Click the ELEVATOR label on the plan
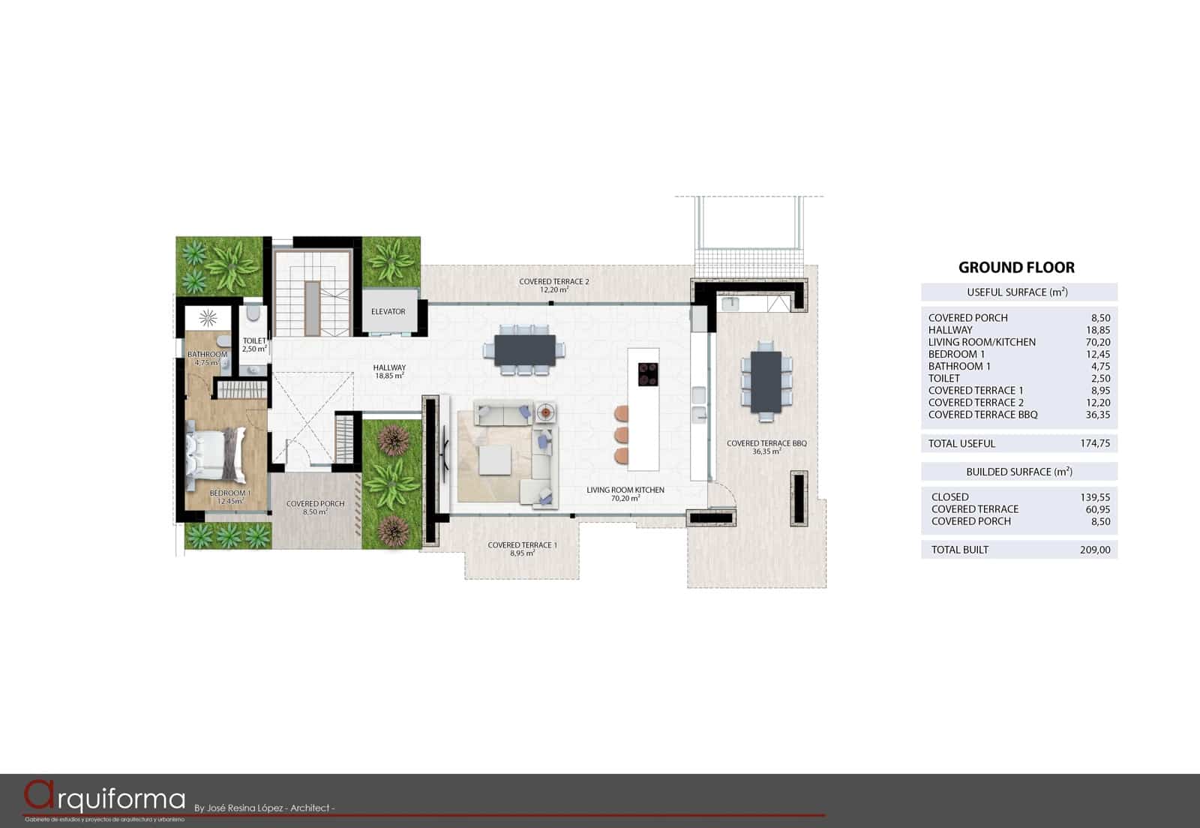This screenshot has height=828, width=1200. (388, 311)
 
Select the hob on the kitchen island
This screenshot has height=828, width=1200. (648, 373)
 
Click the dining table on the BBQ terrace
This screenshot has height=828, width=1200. (766, 382)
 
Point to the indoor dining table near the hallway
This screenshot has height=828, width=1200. (525, 350)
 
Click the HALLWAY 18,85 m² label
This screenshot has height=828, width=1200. (389, 371)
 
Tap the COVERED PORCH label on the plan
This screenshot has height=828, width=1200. (315, 507)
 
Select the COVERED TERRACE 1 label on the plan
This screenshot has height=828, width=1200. (522, 548)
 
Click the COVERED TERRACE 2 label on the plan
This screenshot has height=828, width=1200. (553, 285)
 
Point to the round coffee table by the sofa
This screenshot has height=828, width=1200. (545, 412)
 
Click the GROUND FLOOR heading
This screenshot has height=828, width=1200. (1016, 268)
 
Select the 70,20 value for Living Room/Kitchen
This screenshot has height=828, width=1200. (1097, 342)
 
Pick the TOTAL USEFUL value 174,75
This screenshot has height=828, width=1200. (1095, 443)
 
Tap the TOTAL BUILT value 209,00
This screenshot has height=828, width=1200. (1095, 550)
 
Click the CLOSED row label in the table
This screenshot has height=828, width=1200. (949, 496)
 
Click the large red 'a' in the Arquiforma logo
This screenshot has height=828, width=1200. (39, 796)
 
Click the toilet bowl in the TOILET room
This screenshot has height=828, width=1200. (253, 313)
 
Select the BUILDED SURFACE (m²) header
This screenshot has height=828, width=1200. (1018, 472)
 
